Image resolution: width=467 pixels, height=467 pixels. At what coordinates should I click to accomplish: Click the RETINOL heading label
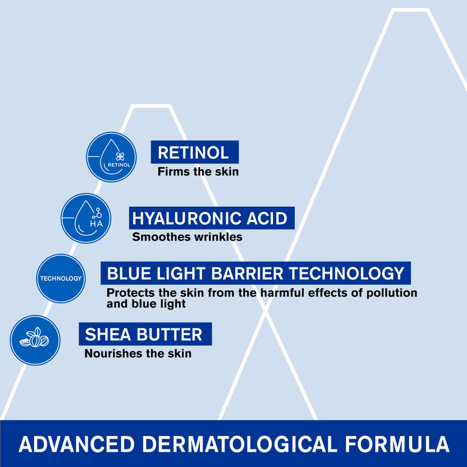coord(195,152)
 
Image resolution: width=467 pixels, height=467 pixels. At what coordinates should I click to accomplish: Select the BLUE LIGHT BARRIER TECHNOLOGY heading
coord(255,272)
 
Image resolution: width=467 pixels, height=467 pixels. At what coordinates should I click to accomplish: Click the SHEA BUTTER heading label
coord(145,334)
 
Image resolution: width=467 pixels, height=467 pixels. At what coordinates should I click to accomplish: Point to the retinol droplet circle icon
coord(111,157)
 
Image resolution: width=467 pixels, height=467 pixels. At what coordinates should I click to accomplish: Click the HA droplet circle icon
coord(86,218)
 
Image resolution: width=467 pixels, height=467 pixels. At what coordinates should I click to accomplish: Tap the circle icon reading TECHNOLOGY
coord(60,278)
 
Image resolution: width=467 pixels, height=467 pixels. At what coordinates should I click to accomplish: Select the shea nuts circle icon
coord(35,340)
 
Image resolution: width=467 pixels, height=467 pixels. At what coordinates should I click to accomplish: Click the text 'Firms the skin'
coord(198,171)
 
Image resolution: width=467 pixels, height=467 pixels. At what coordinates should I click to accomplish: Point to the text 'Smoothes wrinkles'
coord(187,237)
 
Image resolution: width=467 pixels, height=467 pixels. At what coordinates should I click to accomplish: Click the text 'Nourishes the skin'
coord(137,353)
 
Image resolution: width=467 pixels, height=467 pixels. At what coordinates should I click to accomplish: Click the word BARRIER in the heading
coord(243,272)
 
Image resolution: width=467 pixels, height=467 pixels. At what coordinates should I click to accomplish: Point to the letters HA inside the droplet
coord(96,224)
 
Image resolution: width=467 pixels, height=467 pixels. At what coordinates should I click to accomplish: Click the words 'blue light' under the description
coord(146,303)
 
